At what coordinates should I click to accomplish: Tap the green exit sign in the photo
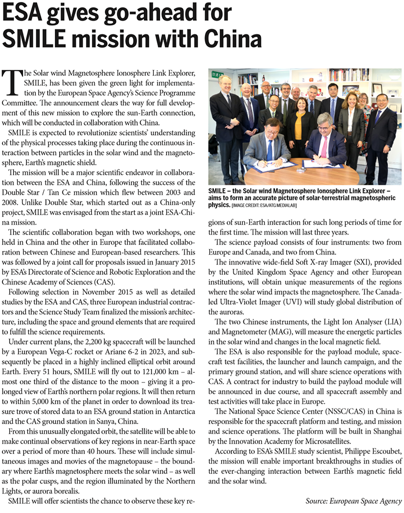pos(217,75)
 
